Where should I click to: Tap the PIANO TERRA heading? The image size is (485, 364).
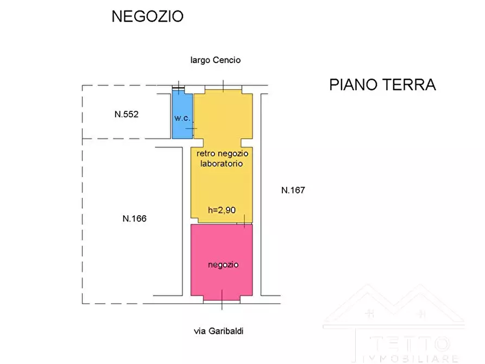coord(382,85)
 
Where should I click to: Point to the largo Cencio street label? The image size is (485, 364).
coord(215,60)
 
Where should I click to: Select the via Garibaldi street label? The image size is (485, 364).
coord(223,330)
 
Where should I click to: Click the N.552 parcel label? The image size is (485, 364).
coord(127,115)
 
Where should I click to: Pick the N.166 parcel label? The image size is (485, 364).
coord(135,219)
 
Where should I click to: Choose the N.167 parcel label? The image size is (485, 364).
coord(294,190)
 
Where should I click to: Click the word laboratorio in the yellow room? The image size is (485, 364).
coord(223,163)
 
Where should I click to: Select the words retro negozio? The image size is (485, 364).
coord(223,154)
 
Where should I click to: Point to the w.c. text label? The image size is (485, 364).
coord(181,118)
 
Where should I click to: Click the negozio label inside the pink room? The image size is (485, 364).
coord(223,265)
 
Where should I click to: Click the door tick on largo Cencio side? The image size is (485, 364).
coord(223,85)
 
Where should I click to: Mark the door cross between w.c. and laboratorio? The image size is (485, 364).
coord(192,129)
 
